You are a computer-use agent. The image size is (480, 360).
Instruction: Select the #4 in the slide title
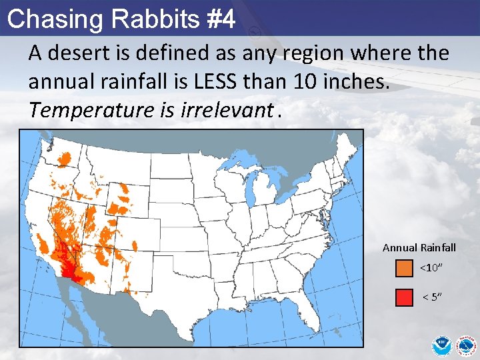tap(220, 19)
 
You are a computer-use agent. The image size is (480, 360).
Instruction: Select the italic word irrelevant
tap(227, 110)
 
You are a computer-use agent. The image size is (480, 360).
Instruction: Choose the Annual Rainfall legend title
tap(419, 248)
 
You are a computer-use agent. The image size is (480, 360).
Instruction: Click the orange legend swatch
tap(404, 268)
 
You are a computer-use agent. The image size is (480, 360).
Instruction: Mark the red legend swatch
tap(404, 297)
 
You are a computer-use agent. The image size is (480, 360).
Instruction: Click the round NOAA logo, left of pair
tap(441, 345)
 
